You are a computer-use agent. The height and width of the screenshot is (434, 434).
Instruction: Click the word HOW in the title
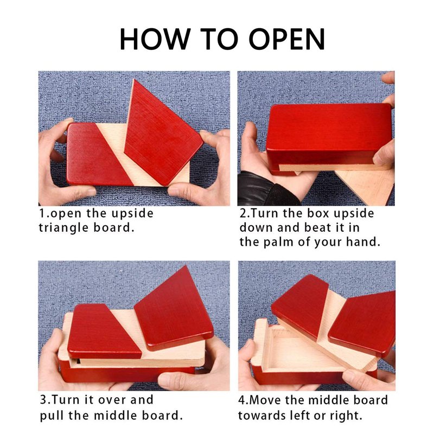click(155, 39)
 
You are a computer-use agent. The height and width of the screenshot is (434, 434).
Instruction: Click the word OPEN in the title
click(287, 39)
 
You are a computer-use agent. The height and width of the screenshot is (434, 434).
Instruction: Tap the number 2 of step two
click(243, 213)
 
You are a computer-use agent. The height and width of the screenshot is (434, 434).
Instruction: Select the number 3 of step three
click(43, 400)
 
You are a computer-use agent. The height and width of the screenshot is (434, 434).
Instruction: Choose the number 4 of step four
click(242, 400)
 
